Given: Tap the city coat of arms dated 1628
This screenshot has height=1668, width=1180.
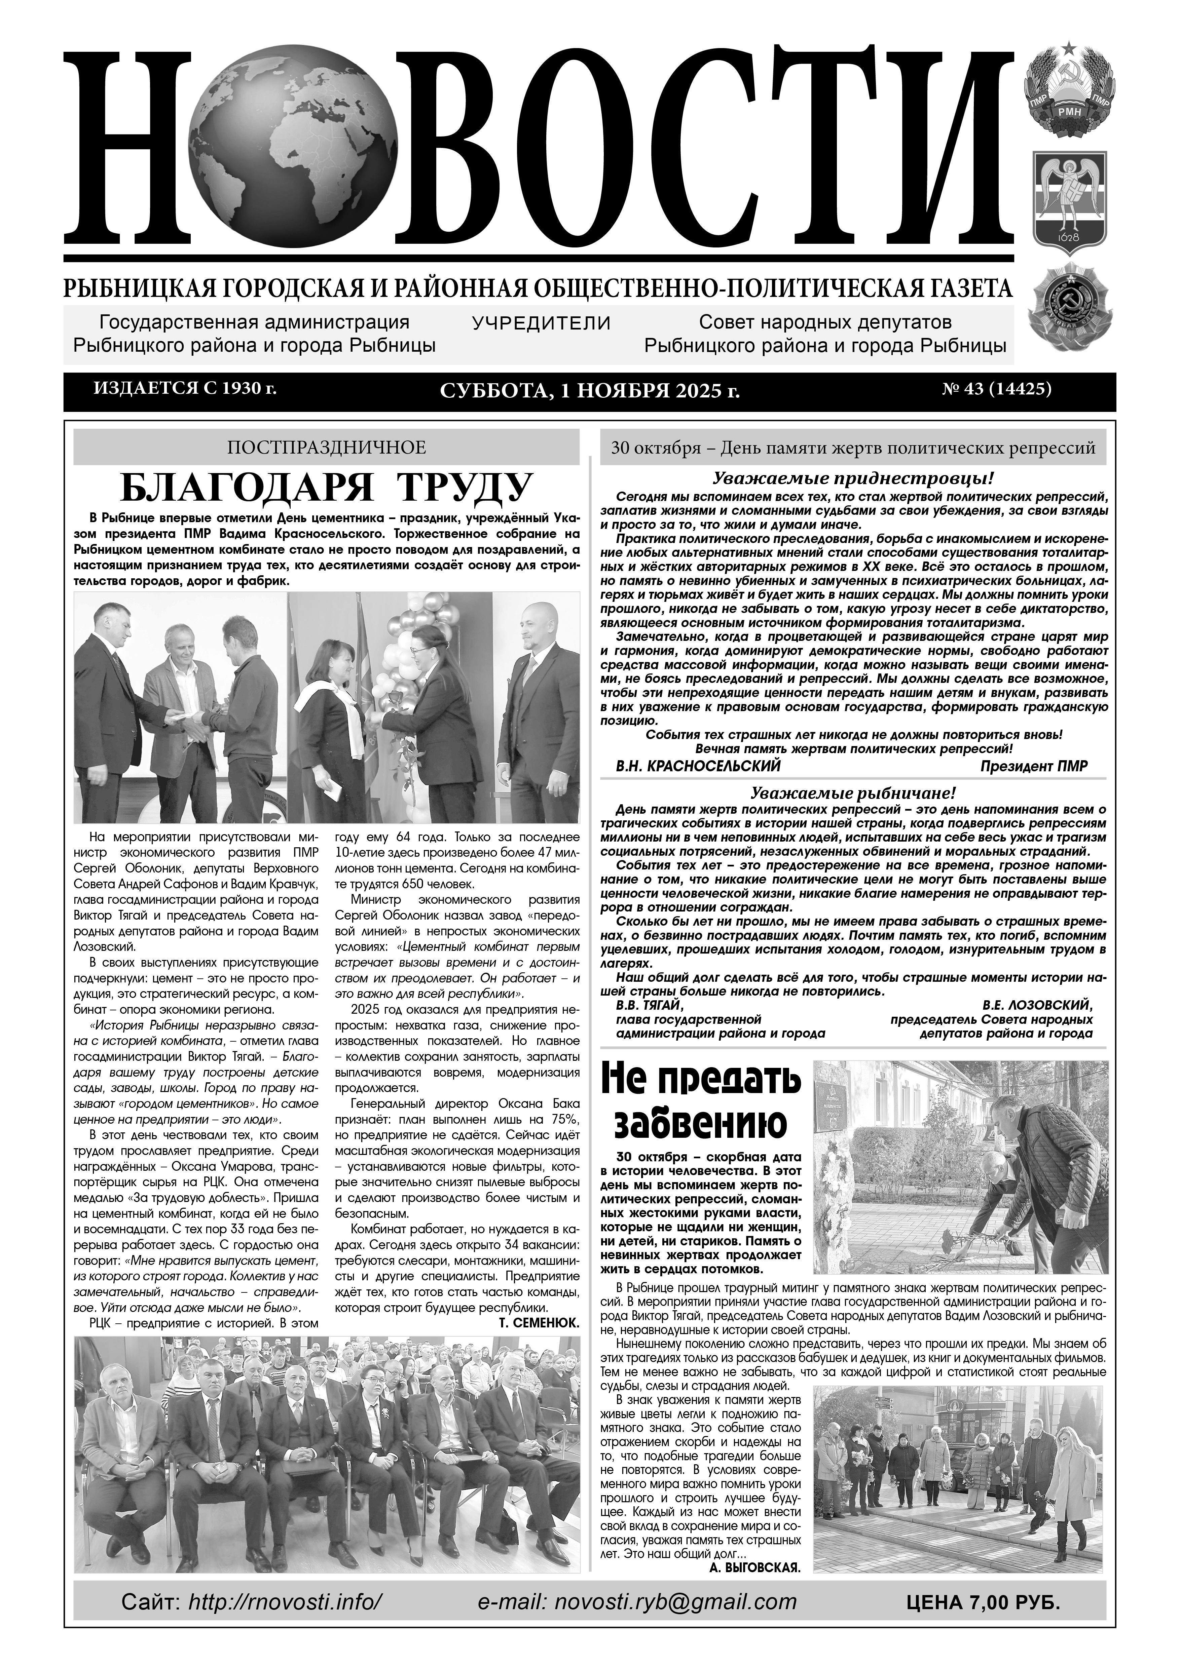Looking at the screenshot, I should click(1068, 201).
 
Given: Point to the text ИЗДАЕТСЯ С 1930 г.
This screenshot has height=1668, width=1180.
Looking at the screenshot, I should click(185, 389).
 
